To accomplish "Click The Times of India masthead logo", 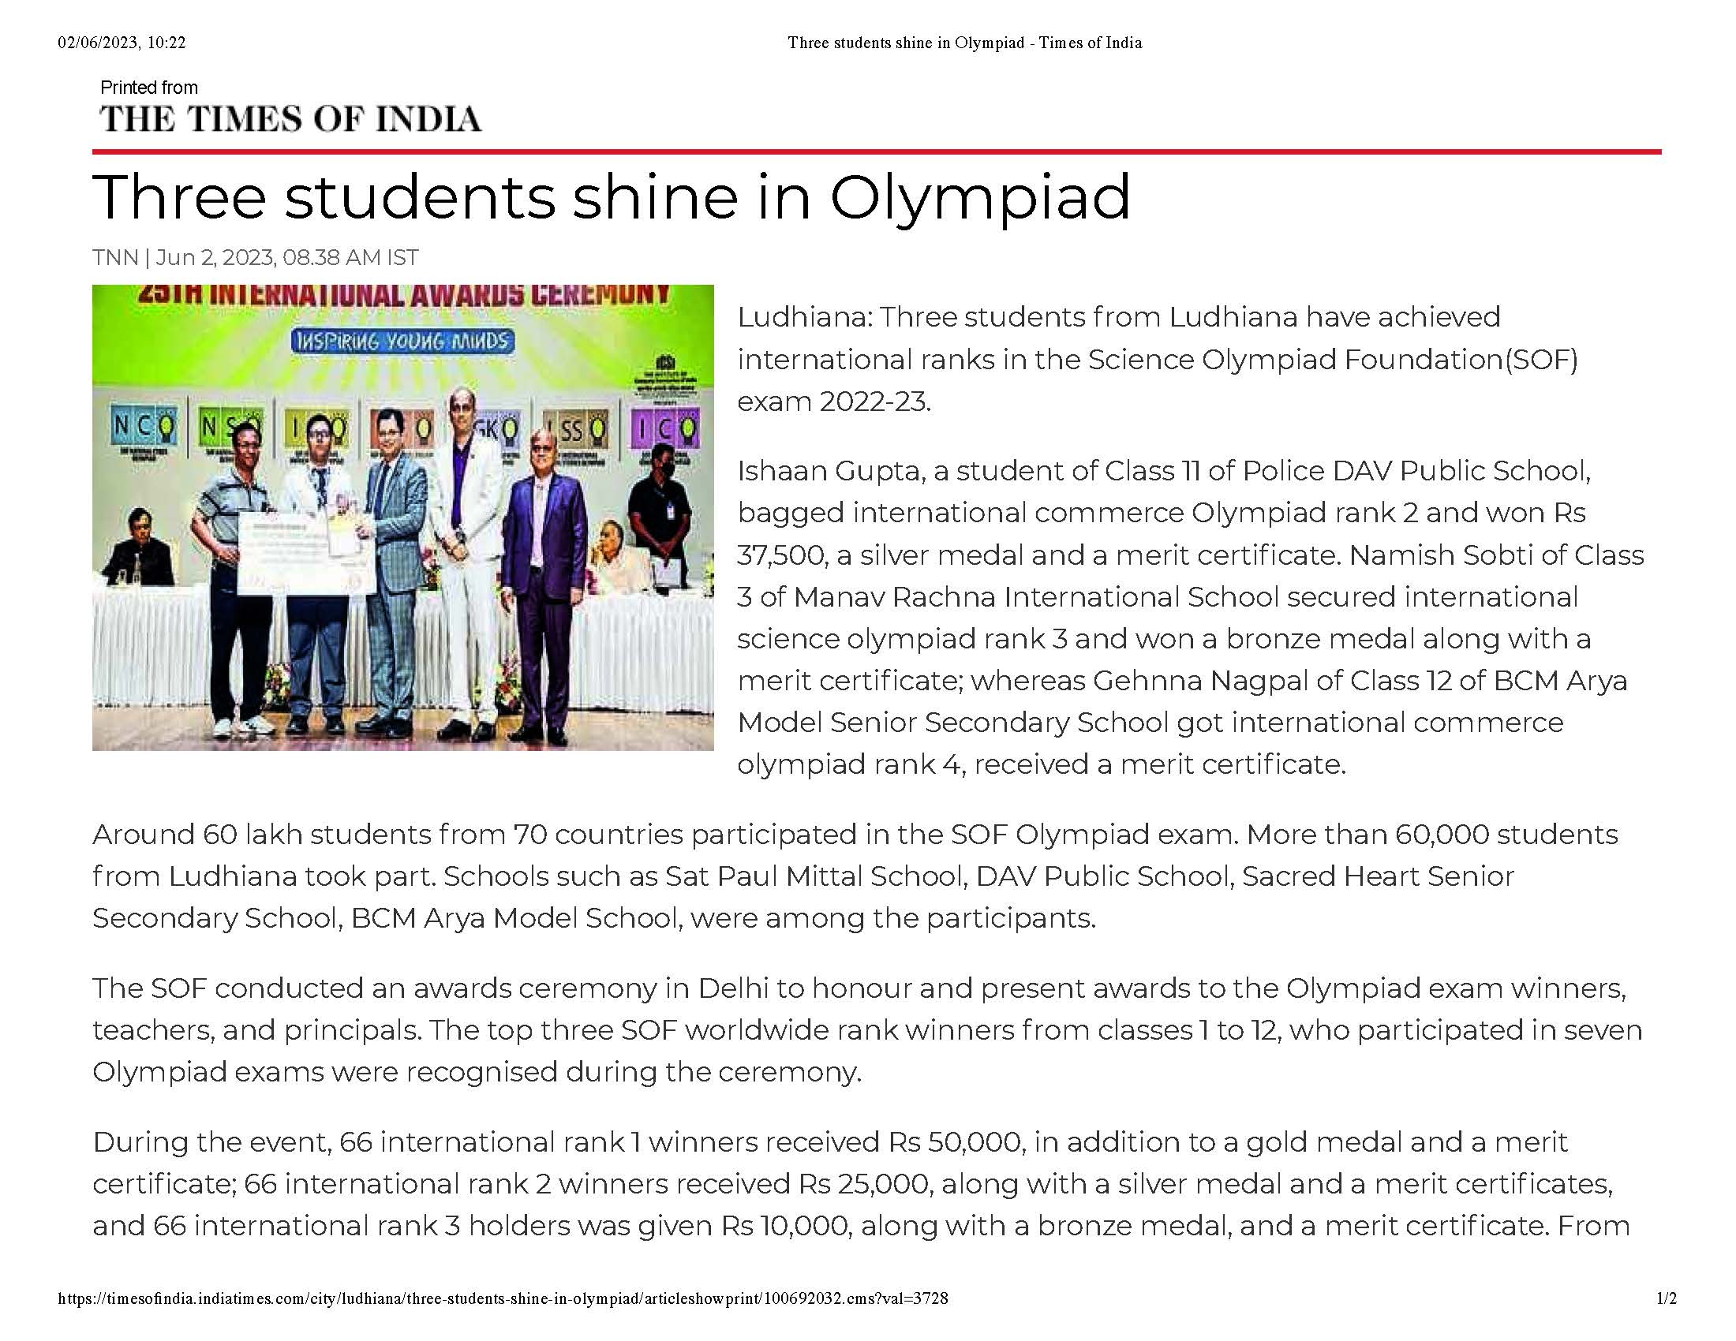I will click(x=290, y=119).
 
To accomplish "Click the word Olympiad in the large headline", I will click(x=979, y=197).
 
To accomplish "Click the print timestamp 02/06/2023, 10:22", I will click(x=122, y=43).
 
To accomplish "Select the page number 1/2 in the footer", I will click(x=1666, y=1298).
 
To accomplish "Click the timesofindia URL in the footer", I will click(x=503, y=1298).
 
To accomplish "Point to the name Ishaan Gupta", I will click(x=831, y=471).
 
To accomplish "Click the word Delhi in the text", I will click(x=733, y=988).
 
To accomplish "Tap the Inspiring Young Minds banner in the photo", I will click(x=402, y=342).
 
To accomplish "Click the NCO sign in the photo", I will click(x=144, y=429).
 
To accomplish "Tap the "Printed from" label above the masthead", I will click(x=148, y=88).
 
